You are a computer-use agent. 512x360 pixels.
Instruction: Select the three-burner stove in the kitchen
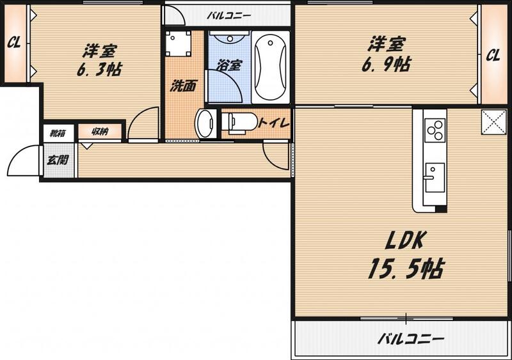435,130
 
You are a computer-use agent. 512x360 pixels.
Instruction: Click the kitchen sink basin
435,178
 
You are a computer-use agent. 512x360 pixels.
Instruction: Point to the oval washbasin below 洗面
205,123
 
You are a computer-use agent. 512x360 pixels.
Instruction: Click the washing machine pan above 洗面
178,43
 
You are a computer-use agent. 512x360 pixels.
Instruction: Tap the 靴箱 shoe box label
58,133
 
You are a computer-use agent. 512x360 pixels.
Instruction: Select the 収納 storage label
100,132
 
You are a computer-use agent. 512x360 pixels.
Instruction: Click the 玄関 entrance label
58,160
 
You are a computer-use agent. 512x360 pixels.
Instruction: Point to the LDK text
404,241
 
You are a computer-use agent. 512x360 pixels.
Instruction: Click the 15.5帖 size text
406,269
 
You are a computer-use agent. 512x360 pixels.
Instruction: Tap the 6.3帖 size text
99,69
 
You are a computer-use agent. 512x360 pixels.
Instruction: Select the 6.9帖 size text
387,65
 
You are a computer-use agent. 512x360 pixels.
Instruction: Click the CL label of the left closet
14,42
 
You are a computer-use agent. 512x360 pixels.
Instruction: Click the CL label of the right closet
493,55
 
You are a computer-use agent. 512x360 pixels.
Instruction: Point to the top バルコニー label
229,15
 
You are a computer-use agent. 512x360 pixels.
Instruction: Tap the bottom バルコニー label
411,339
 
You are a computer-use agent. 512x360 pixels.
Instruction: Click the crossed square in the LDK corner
494,121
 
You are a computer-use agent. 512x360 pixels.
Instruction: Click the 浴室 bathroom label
229,65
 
